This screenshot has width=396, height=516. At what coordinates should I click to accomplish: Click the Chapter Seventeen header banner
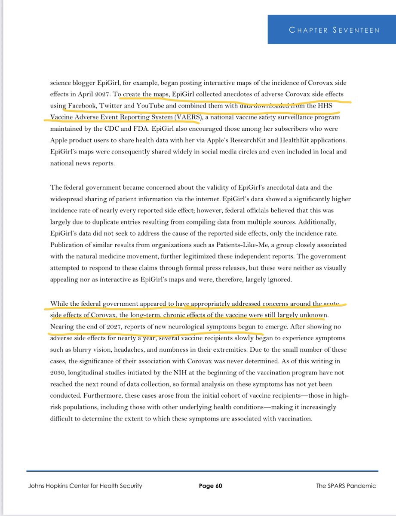[332, 30]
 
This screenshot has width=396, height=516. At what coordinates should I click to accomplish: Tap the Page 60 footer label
[210, 486]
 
